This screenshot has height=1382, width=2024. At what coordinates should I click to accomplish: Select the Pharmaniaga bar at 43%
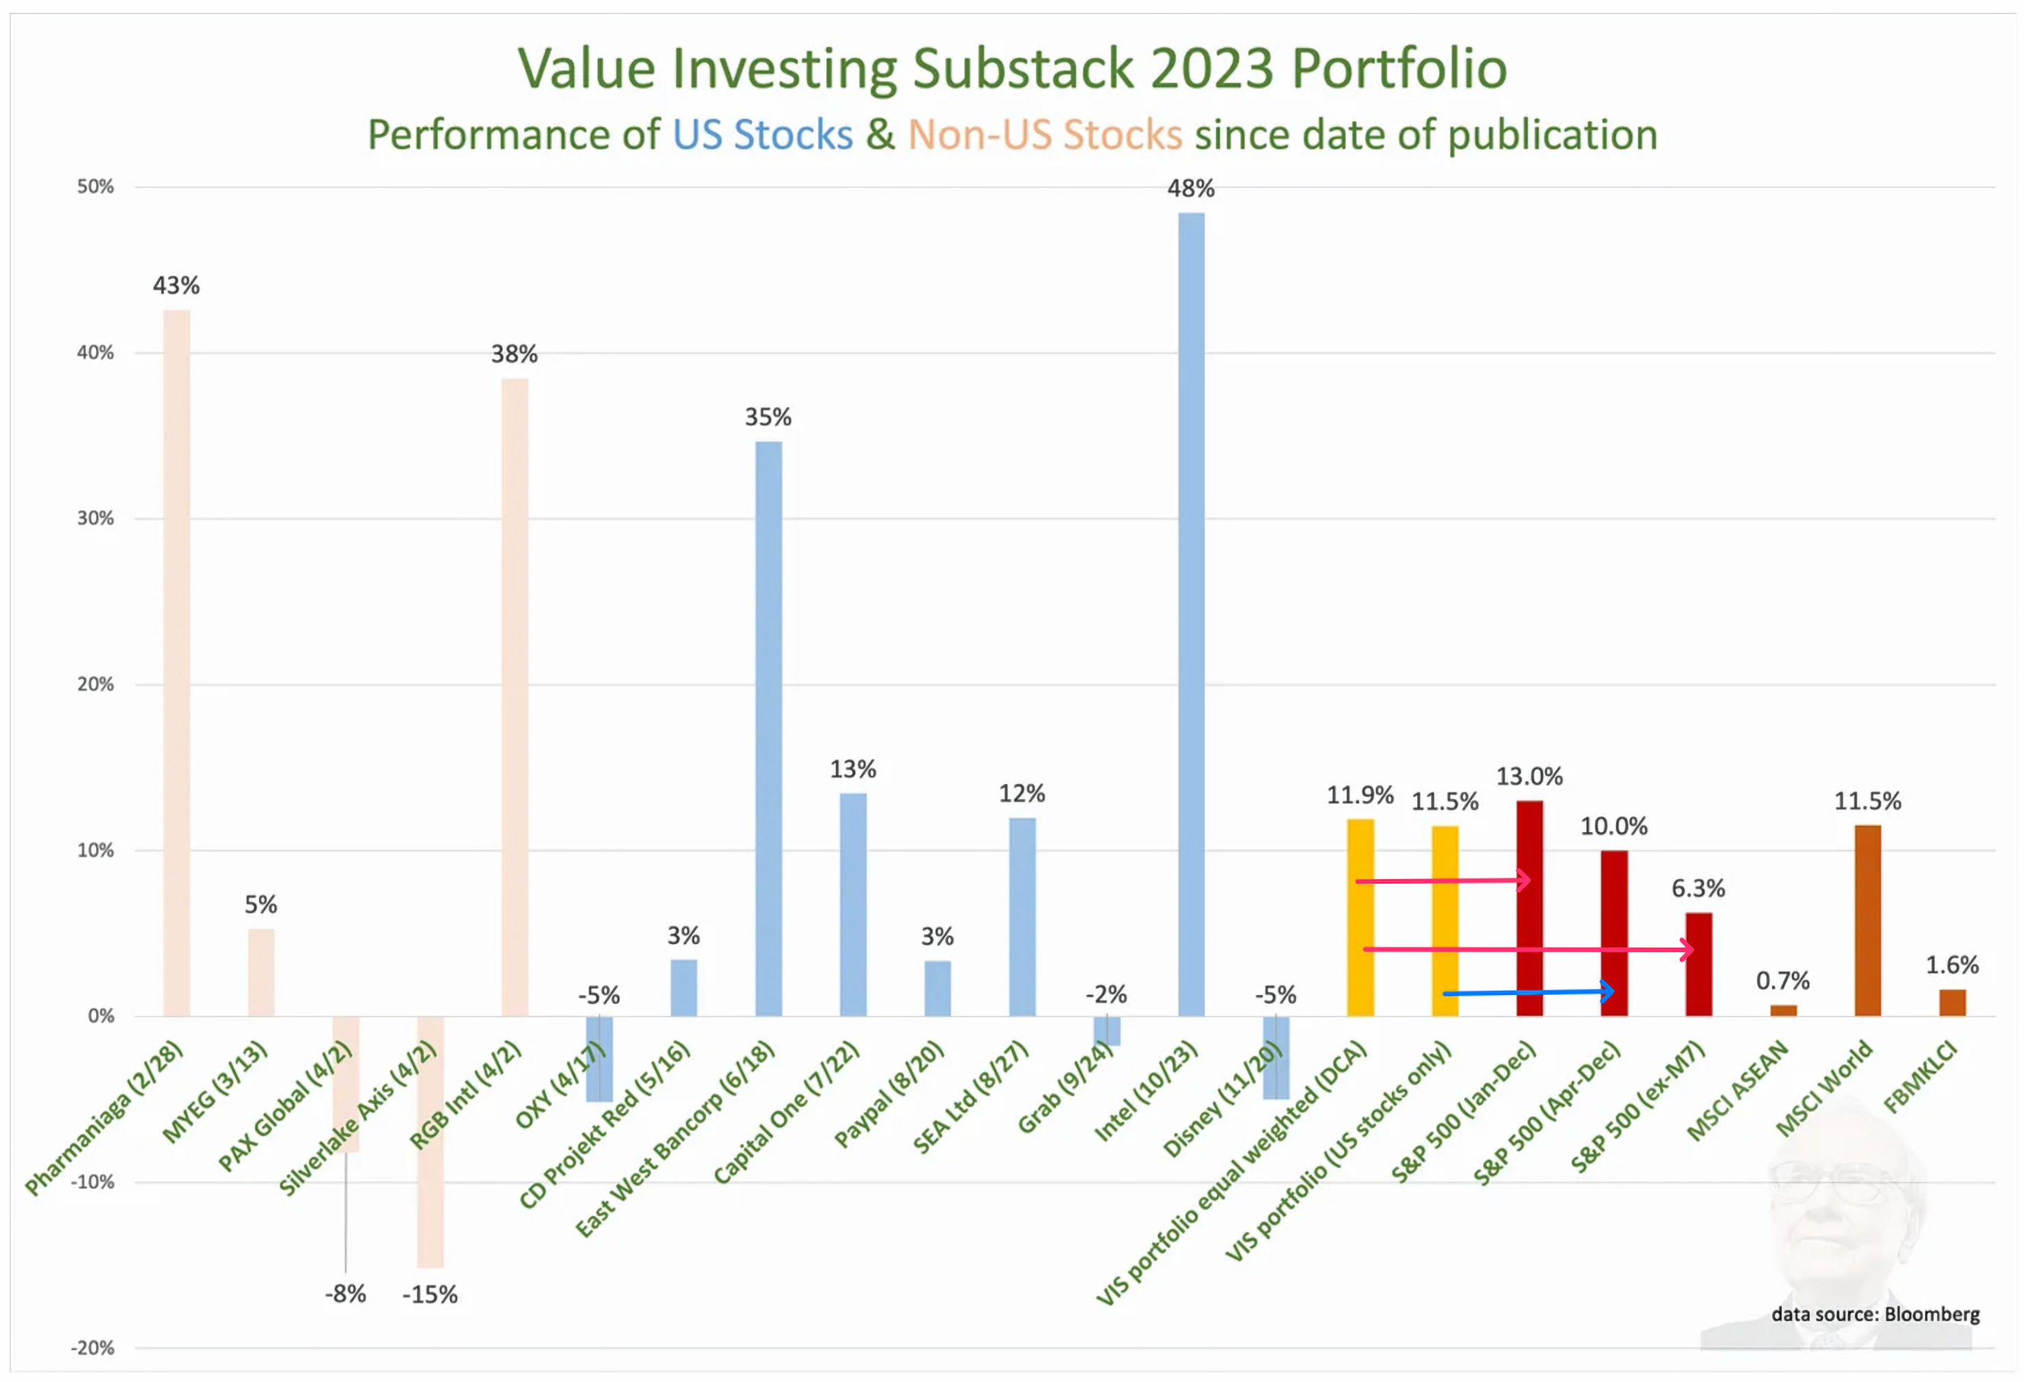point(177,662)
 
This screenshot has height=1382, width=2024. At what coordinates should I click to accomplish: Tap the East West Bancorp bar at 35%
point(768,728)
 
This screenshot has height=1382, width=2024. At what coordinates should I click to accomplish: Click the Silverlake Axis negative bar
point(430,1141)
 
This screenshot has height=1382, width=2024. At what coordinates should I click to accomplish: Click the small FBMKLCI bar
point(1952,1002)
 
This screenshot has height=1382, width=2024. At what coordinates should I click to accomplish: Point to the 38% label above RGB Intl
point(514,353)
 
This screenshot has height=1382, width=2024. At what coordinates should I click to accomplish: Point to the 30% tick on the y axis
point(96,519)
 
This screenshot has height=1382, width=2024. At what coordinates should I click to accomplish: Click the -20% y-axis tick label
point(93,1348)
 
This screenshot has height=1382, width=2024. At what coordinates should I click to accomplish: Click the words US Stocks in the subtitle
point(762,135)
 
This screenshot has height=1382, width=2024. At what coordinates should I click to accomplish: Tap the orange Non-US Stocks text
point(1045,135)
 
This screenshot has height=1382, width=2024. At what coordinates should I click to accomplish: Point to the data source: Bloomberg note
point(1875,1314)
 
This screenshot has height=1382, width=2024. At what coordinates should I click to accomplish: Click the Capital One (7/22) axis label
point(786,1112)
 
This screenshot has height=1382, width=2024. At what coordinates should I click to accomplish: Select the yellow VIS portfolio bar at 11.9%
point(1359,917)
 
